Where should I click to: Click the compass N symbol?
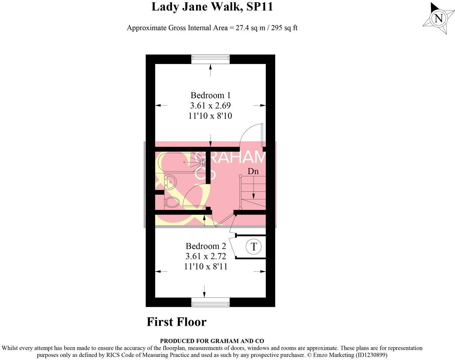pos(438,18)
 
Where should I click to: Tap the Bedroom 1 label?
pos(210,95)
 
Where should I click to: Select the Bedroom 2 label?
pos(205,246)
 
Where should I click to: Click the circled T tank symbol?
pos(254,246)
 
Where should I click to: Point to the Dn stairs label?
pos(253,171)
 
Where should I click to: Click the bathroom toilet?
pos(172,202)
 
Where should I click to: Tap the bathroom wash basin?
pos(170,182)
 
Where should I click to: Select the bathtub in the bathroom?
pos(181,162)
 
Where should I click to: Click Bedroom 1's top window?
pos(210,59)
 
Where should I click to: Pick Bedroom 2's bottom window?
pos(210,302)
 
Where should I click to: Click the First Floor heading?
pos(176,322)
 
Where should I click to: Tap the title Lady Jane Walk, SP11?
pos(212,7)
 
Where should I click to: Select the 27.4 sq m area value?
pos(251,28)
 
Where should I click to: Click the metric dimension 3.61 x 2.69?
pos(210,106)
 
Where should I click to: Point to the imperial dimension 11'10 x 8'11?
pos(205,267)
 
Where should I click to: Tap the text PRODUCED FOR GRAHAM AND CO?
pos(212,341)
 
